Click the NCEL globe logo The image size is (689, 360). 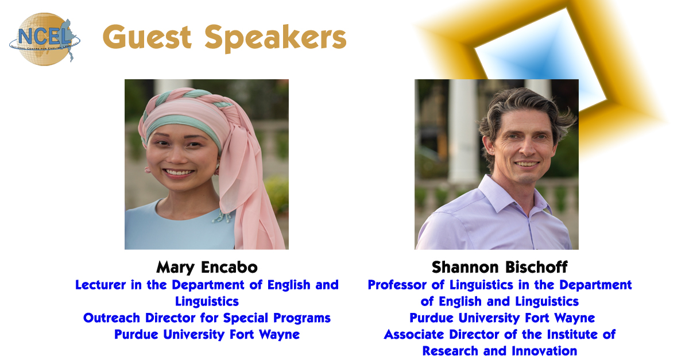click(45, 39)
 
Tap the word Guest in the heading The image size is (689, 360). click(148, 37)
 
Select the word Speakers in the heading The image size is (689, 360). click(276, 38)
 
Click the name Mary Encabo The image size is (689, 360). click(207, 267)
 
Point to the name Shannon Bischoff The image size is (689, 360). click(500, 267)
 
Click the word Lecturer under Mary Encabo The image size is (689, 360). click(100, 285)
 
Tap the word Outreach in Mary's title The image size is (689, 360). click(111, 318)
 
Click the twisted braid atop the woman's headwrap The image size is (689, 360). click(188, 95)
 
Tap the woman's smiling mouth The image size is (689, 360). click(179, 173)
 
